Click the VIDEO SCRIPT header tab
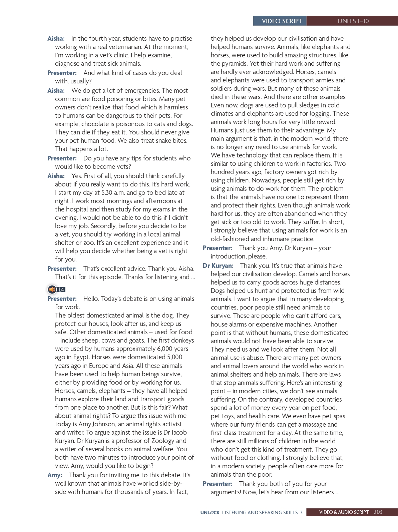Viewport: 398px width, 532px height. (282, 21)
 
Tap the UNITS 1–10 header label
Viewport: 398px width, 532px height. (353, 21)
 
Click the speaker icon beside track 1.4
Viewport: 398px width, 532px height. (52, 289)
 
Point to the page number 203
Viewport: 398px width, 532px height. (378, 512)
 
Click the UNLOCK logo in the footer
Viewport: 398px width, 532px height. (210, 513)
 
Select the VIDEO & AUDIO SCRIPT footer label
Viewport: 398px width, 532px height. (344, 512)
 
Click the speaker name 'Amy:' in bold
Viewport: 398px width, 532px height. (55, 475)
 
